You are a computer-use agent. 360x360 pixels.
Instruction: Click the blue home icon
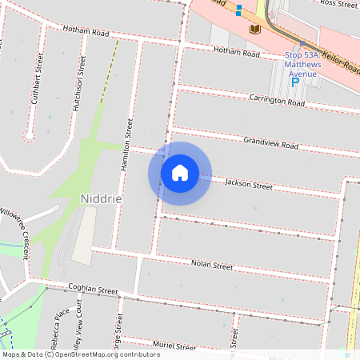(180, 172)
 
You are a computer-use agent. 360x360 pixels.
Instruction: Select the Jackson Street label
(249, 185)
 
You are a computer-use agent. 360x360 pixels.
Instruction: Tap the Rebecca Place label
(57, 322)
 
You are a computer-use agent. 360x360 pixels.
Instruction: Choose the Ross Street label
(338, 4)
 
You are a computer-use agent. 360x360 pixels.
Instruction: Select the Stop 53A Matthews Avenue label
(302, 64)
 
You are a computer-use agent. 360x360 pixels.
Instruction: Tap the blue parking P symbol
(294, 81)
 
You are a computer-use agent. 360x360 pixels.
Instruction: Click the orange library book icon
(255, 30)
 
